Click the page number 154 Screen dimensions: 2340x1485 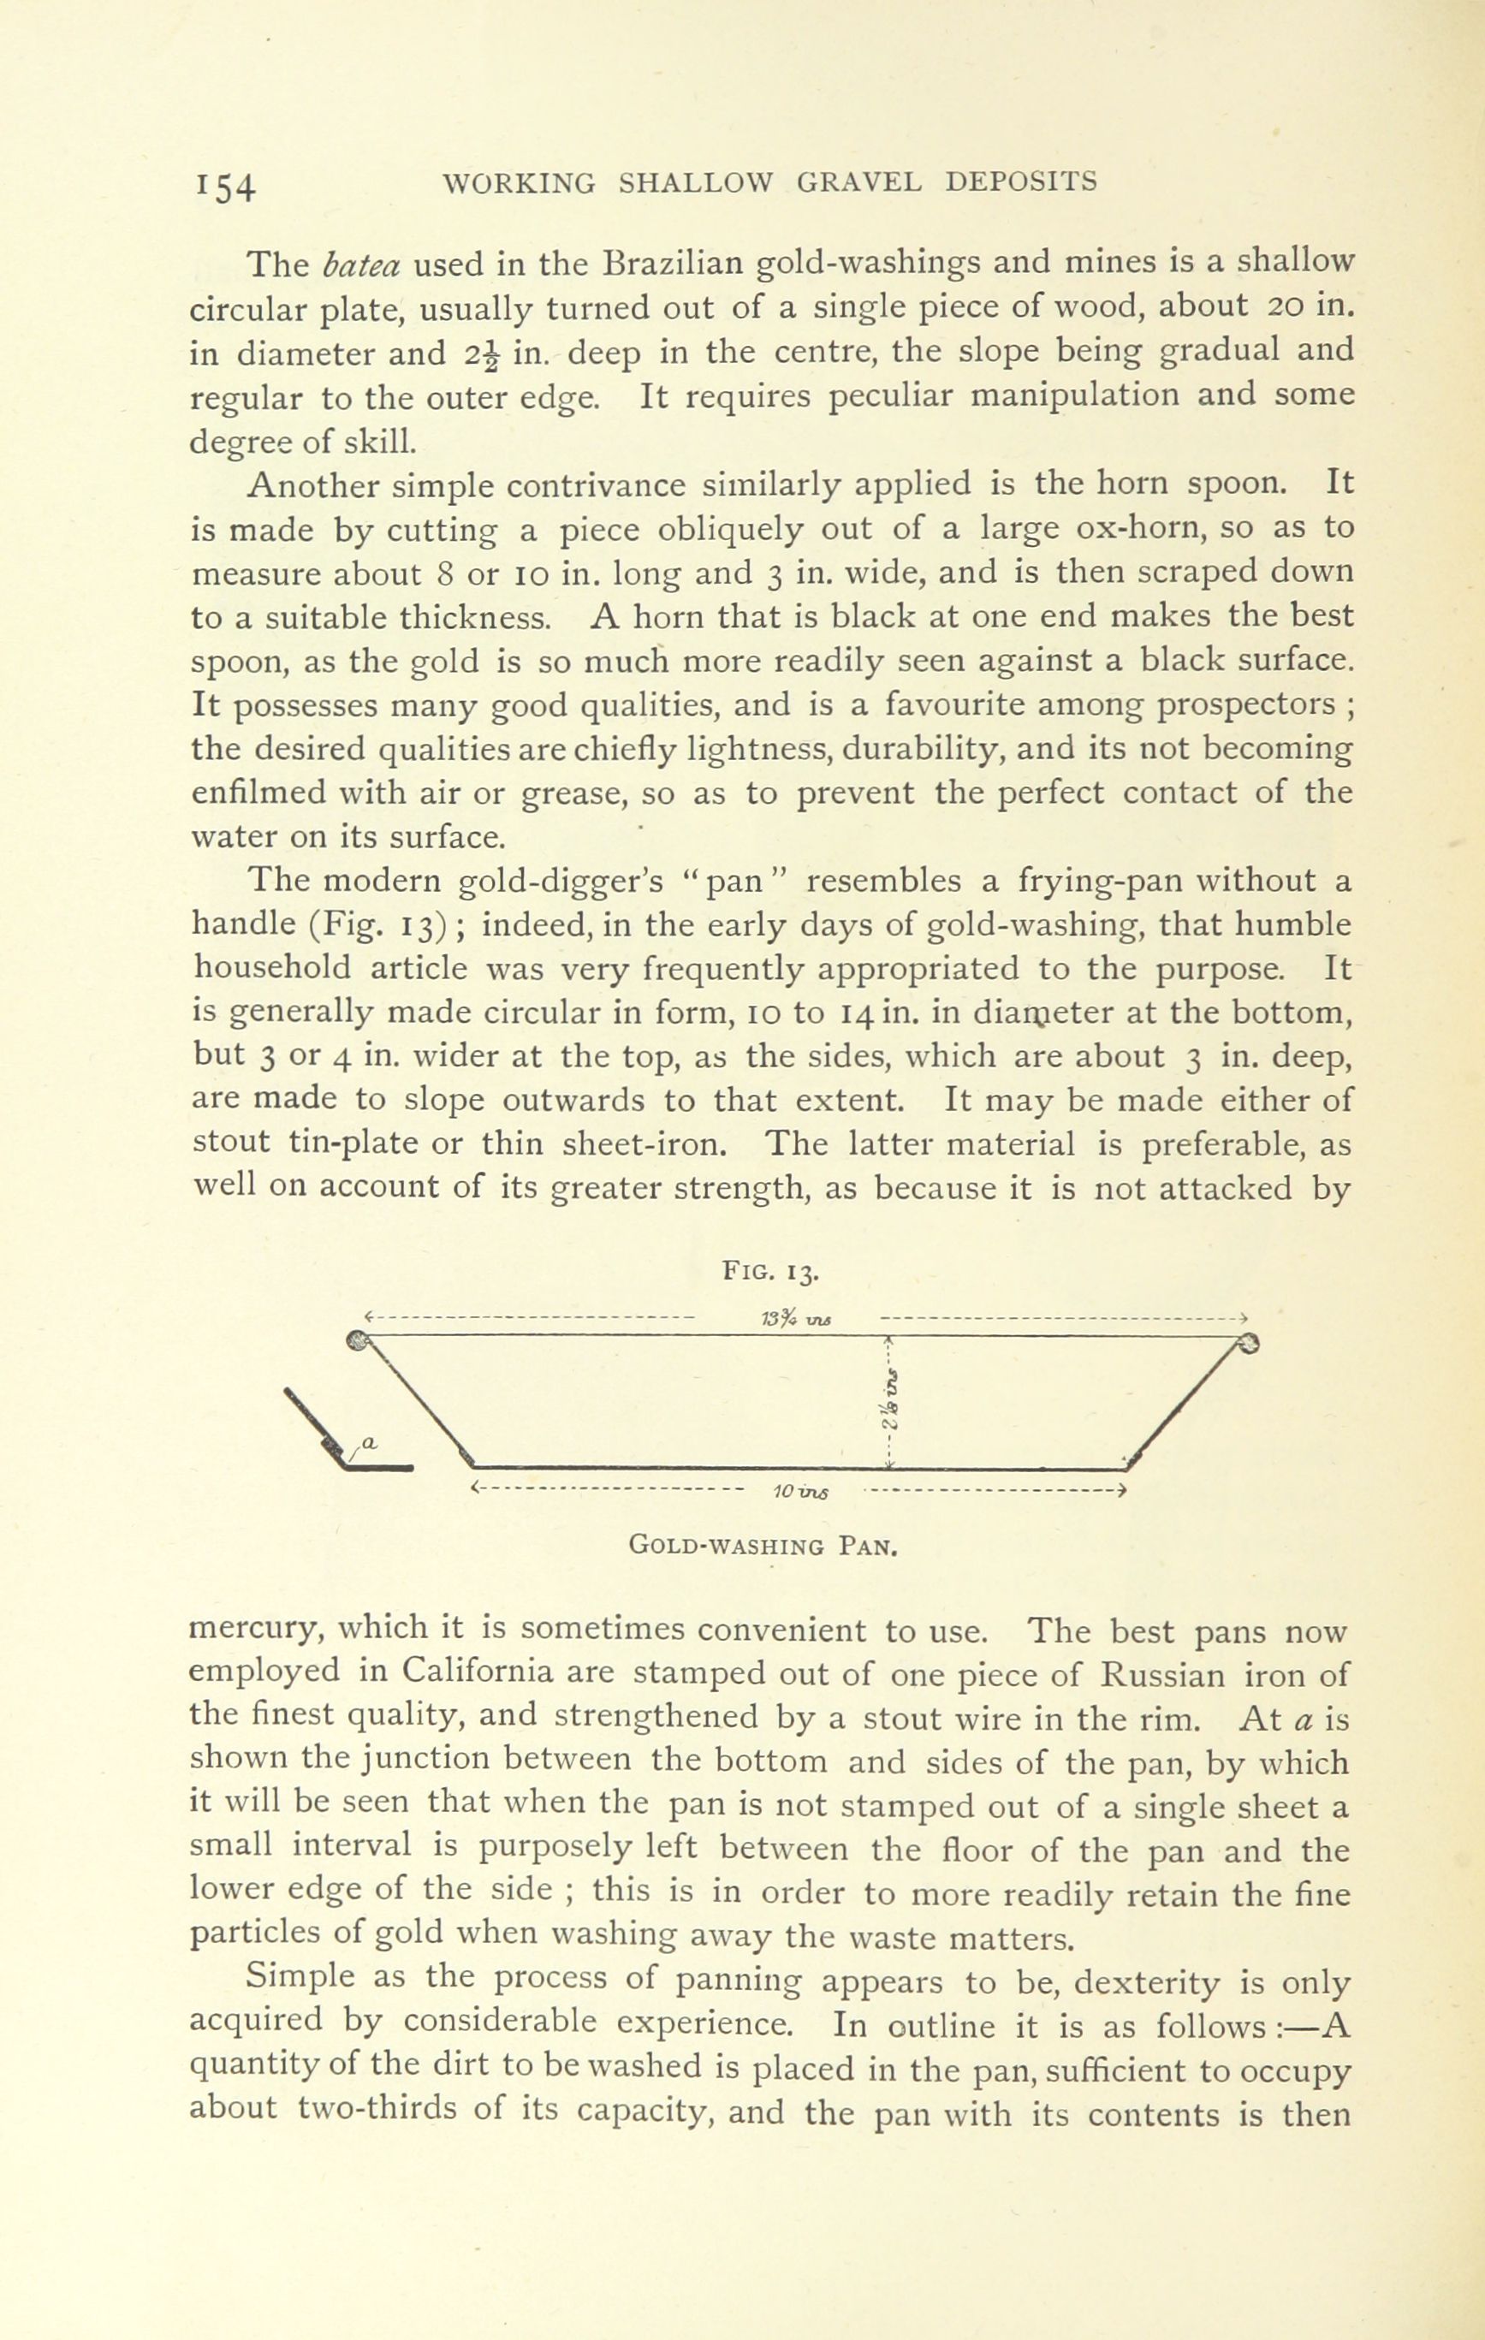pos(224,186)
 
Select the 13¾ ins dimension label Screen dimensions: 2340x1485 pos(795,1319)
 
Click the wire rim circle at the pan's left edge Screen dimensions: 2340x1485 pos(357,1342)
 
